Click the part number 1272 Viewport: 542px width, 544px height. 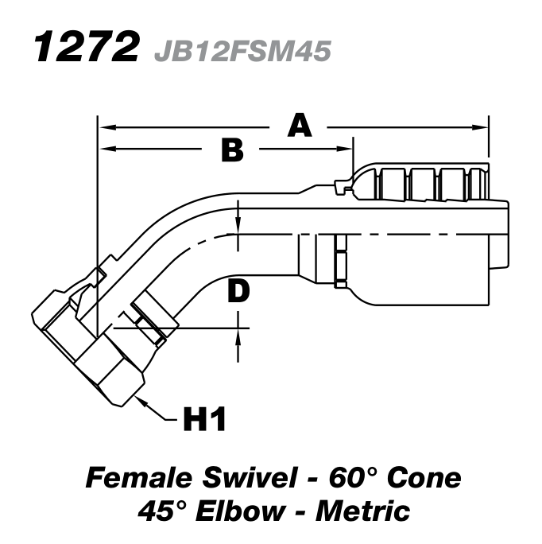pyautogui.click(x=83, y=49)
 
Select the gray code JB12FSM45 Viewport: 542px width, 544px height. pyautogui.click(x=243, y=51)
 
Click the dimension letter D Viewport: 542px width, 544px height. pyautogui.click(x=238, y=292)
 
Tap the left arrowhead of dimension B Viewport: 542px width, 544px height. pyautogui.click(x=103, y=149)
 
